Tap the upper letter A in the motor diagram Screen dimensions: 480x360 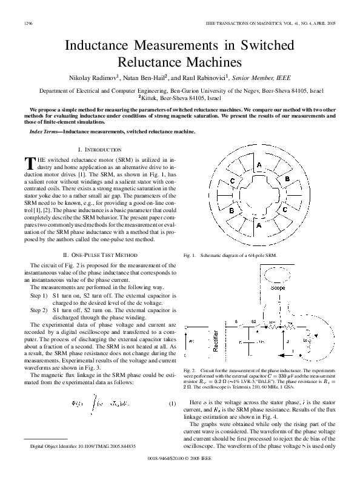coord(259,165)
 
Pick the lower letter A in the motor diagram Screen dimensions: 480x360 coord(259,225)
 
